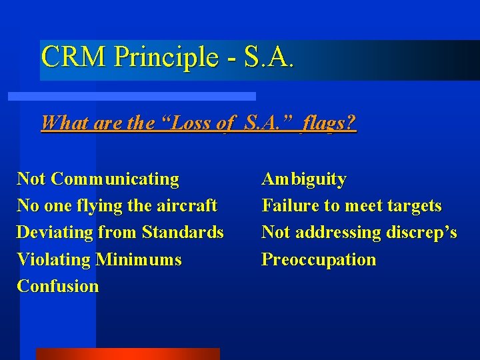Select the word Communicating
pos(115,179)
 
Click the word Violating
pos(53,259)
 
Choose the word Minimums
pos(139,259)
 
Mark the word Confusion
pos(57,286)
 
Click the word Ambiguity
pos(304,180)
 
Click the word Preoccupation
pos(319,259)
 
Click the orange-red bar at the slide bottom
pos(127,353)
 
